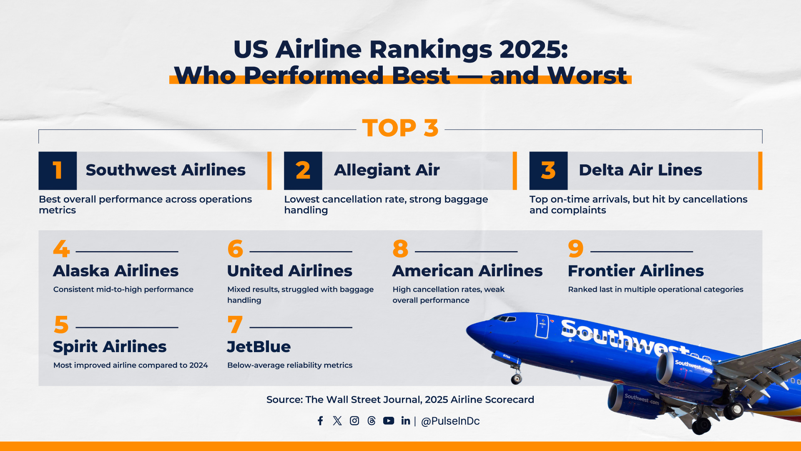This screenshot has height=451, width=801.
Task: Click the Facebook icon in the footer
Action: [x=320, y=421]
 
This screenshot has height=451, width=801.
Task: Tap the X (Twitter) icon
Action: [x=337, y=421]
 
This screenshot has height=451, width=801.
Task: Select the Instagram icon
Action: [x=354, y=421]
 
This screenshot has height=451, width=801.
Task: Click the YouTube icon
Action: [x=389, y=421]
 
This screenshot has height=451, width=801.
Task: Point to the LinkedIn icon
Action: [x=406, y=421]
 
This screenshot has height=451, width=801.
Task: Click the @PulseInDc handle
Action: [x=450, y=421]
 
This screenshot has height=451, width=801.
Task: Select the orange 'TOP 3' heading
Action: [x=400, y=128]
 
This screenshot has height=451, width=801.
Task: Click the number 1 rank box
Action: [x=58, y=171]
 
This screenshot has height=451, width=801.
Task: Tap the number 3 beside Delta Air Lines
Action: [x=548, y=171]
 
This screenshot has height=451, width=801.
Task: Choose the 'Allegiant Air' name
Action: [x=387, y=170]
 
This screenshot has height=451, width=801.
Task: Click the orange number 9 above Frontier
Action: [x=576, y=249]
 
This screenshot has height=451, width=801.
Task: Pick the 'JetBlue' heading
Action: [x=259, y=347]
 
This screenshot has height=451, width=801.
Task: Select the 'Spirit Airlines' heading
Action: [x=110, y=347]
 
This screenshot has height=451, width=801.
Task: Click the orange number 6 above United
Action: [x=235, y=249]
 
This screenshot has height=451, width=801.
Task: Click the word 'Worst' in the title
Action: [x=587, y=75]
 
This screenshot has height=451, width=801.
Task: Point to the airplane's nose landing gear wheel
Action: [x=517, y=379]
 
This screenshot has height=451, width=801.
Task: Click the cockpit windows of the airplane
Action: [x=504, y=319]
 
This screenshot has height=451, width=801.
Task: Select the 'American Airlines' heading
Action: [x=467, y=271]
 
